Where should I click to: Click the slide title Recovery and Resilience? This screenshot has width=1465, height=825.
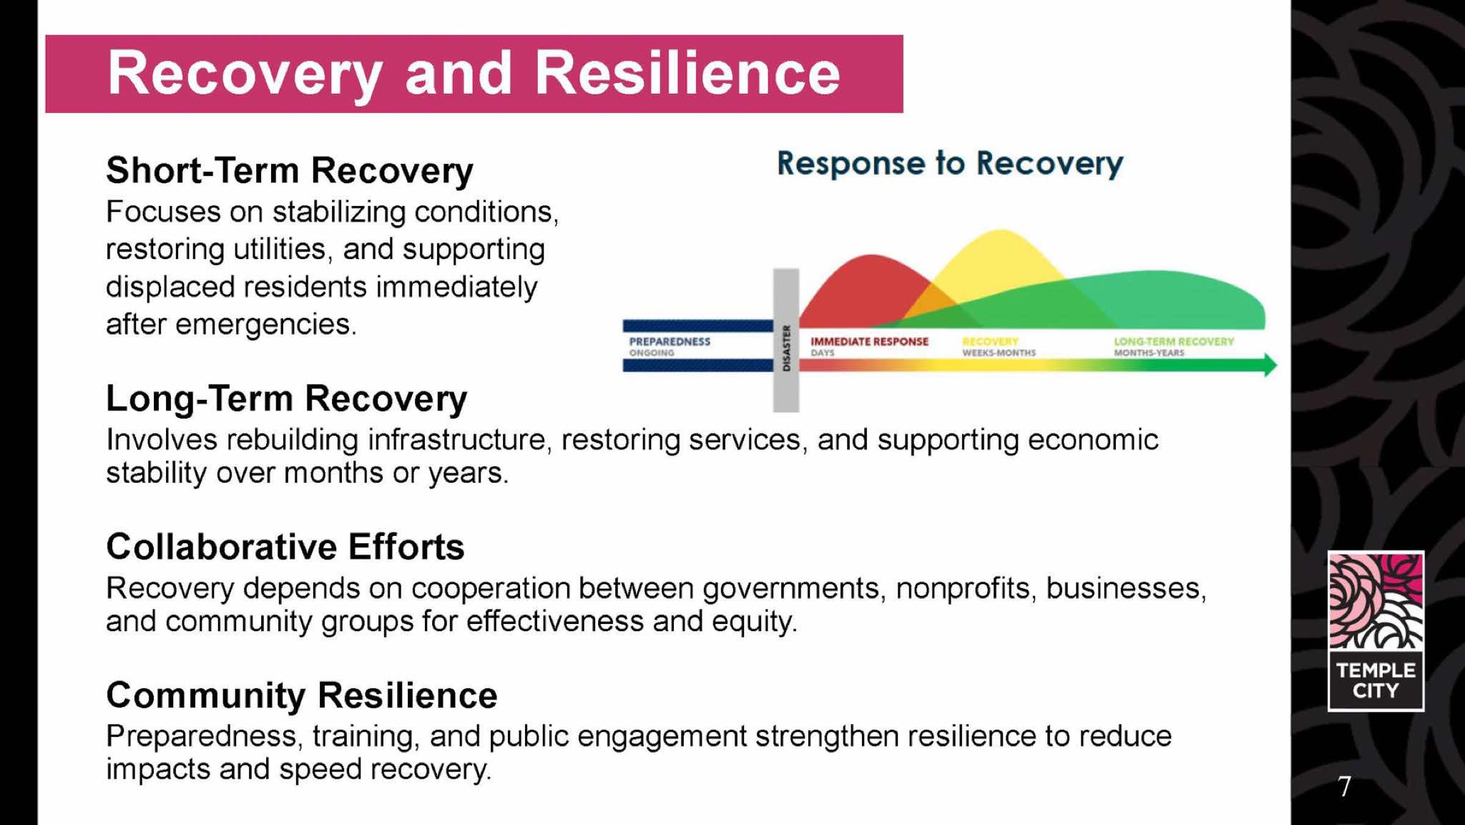point(474,74)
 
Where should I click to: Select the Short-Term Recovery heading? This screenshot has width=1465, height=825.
point(290,171)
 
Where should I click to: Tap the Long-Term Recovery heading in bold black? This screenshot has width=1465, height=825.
point(286,399)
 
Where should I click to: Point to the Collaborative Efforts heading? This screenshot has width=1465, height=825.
point(285,547)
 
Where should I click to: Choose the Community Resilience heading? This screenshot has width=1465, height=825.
point(301,695)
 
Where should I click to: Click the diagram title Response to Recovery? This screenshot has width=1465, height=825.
point(950,164)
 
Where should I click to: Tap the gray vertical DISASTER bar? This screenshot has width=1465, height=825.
point(786,341)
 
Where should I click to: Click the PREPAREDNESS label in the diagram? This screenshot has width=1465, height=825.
point(670,341)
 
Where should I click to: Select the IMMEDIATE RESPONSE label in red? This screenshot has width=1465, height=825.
point(869,341)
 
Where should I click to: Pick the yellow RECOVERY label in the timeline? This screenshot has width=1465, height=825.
point(990,341)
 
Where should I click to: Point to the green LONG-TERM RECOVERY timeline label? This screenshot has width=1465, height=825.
point(1174,341)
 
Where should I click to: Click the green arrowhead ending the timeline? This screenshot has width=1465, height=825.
point(1270,365)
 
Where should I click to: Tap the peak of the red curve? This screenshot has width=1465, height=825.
point(871,255)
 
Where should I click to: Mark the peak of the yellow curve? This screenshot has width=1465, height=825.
point(1000,230)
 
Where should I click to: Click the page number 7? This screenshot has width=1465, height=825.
point(1345,786)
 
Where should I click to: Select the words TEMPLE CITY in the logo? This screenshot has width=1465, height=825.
point(1376,680)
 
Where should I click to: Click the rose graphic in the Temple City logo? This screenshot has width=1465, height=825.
point(1376,601)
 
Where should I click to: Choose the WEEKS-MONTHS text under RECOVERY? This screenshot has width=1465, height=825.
point(999,353)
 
